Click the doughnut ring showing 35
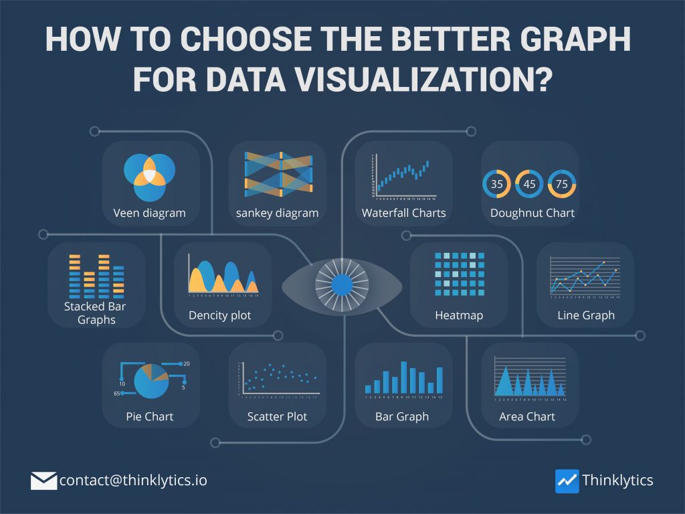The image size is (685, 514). click(496, 183)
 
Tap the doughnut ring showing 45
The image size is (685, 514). click(529, 183)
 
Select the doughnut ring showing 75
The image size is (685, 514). click(562, 183)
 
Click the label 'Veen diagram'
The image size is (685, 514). click(149, 213)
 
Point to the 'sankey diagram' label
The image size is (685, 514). click(277, 213)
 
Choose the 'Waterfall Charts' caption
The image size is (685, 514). click(403, 213)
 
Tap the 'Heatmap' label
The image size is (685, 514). click(459, 315)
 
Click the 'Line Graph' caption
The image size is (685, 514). click(586, 315)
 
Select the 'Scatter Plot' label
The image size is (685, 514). click(277, 416)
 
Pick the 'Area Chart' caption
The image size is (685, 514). click(527, 416)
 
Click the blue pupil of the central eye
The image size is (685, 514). click(342, 285)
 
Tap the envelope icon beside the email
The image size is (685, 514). click(43, 481)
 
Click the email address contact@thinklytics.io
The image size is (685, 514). click(138, 481)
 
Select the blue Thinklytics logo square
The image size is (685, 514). click(567, 481)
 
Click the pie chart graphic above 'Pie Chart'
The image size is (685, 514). click(151, 381)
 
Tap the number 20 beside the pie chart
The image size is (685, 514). click(186, 364)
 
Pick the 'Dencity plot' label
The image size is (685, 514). click(220, 315)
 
